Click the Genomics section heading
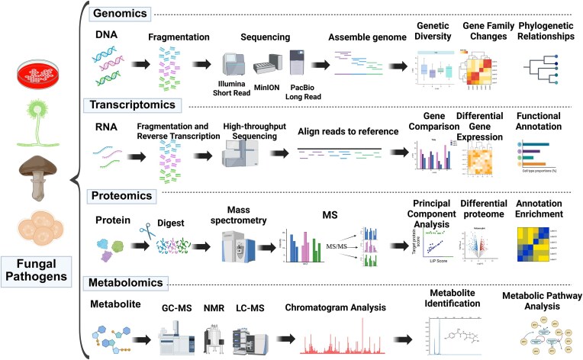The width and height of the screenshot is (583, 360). [121, 14]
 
